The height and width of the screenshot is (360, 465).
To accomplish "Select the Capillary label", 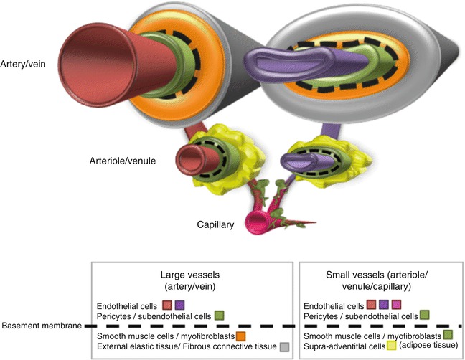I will pos(215,224).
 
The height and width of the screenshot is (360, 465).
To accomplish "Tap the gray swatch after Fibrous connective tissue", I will pos(285,347).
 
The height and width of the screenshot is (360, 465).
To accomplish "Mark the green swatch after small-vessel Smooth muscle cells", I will pos(447,335).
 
